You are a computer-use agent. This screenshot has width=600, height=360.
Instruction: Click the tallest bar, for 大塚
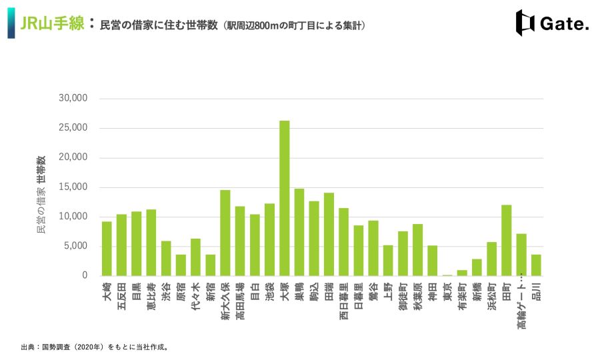[x=284, y=198]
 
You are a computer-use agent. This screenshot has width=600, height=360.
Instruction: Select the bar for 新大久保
[x=225, y=233]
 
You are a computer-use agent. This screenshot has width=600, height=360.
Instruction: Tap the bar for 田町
[x=507, y=240]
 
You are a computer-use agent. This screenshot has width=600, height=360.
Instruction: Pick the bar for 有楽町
[x=462, y=273]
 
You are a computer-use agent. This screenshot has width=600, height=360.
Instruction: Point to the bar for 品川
[x=536, y=265]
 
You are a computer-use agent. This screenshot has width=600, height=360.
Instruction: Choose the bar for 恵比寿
[x=151, y=243]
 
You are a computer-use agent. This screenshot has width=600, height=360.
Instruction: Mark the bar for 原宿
[x=181, y=265]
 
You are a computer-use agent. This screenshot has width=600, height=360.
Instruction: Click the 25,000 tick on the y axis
[x=73, y=127]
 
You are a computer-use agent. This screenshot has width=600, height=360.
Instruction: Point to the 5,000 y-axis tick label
[x=76, y=245]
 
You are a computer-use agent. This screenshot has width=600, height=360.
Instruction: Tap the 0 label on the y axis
[x=85, y=275]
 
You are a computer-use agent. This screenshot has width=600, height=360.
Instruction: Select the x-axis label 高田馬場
[x=240, y=301]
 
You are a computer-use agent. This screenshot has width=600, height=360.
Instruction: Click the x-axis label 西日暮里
[x=343, y=301]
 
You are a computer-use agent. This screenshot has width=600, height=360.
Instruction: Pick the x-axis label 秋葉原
[x=418, y=297]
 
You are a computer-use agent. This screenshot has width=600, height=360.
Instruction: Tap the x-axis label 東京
[x=447, y=291]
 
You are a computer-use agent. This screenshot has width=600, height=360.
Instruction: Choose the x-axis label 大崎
[x=107, y=291]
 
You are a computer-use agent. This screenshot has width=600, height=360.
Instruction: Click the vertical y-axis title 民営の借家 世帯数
[x=41, y=195]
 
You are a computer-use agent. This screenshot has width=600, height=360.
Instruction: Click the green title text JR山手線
[x=53, y=23]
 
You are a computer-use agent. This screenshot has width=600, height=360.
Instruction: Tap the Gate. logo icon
[x=525, y=23]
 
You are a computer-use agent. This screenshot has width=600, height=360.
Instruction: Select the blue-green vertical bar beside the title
[x=11, y=23]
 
